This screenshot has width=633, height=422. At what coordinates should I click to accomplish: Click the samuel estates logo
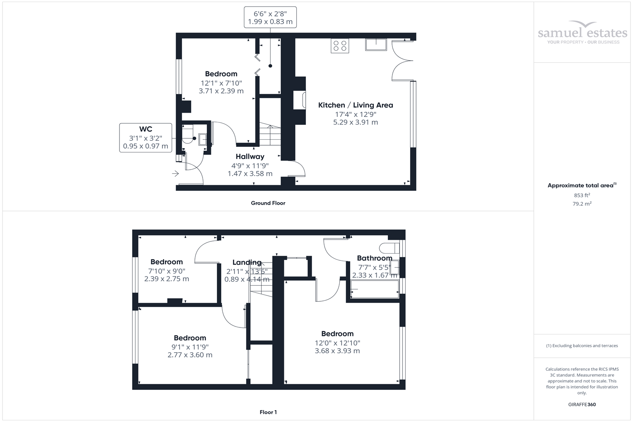[582, 32]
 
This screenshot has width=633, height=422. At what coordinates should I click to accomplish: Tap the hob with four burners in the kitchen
[340, 46]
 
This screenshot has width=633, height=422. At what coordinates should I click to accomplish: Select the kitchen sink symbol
[376, 44]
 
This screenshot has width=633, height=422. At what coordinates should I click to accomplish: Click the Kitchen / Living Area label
[355, 105]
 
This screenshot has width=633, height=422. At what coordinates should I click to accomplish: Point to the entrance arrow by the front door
[175, 173]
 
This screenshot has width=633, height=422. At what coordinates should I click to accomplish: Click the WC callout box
[146, 138]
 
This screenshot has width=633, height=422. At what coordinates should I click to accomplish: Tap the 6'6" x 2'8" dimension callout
[270, 17]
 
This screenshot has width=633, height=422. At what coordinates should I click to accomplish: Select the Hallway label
[250, 157]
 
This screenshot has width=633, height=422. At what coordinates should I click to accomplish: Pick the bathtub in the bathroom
[374, 289]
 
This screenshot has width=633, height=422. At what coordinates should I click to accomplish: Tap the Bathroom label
[374, 258]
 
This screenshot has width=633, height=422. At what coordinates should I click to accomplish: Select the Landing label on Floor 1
[247, 262]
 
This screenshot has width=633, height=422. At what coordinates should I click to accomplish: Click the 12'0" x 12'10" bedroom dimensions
[337, 347]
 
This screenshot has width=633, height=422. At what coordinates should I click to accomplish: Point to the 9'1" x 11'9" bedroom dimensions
[190, 351]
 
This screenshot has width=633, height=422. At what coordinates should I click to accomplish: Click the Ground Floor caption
[268, 203]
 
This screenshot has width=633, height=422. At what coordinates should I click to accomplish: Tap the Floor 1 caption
[268, 412]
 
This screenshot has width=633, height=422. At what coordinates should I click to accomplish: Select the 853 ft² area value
[582, 195]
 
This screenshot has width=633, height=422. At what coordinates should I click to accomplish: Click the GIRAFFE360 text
[582, 404]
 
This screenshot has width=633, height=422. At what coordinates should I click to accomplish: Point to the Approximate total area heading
[582, 185]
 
